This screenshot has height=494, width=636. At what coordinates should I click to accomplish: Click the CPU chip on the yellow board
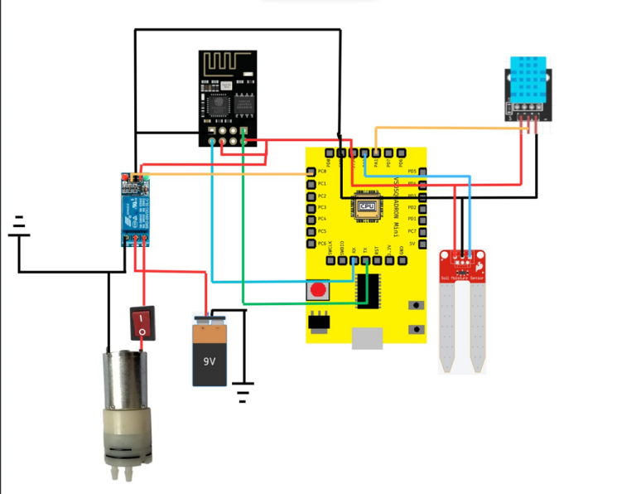365,206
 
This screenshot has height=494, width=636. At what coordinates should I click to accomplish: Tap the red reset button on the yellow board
317,291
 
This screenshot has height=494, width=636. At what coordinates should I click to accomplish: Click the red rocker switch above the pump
142,323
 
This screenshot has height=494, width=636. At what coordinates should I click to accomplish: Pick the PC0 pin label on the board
322,171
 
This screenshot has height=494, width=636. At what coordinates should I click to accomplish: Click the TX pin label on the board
365,249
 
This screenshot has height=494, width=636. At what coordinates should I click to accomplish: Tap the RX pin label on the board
354,249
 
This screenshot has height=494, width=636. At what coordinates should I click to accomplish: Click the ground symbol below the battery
243,390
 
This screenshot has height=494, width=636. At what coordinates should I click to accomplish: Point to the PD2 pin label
412,206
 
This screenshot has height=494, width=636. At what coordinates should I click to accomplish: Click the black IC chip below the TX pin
369,290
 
